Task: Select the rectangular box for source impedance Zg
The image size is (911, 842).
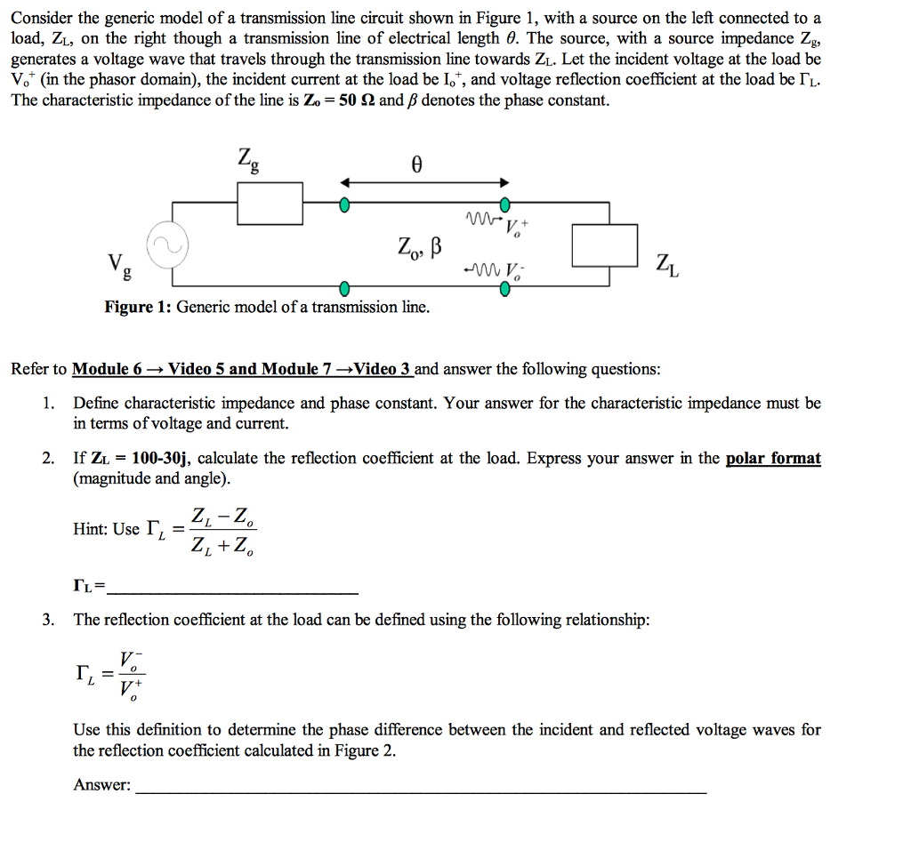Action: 270,204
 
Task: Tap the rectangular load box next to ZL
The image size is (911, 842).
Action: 604,245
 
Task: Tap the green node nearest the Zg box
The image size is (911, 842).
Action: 344,205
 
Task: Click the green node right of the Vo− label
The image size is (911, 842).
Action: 504,287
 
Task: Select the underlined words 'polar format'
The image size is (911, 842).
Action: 773,459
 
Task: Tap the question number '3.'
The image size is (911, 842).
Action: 50,620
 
